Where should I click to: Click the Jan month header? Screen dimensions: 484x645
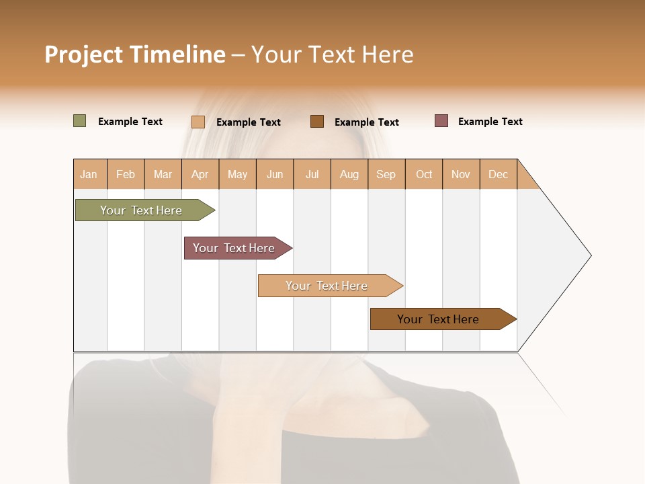pos(89,174)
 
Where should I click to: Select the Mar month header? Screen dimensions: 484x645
pos(163,174)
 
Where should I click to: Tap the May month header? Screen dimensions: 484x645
pos(237,174)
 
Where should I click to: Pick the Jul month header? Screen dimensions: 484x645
pos(312,174)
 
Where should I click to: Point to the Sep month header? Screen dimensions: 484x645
pos(386,174)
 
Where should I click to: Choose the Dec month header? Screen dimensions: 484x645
pos(498,174)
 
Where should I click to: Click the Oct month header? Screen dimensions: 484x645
pos(424,174)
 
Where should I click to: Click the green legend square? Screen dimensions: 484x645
pos(79,121)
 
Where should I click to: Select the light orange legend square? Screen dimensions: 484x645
pos(198,122)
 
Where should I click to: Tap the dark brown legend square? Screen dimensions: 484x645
pos(317,121)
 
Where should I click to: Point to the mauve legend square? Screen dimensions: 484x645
pos(441,121)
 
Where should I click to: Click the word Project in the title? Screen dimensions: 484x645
pos(83,54)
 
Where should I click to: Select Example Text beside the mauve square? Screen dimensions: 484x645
pos(490,122)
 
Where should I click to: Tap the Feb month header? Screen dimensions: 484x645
pos(126,174)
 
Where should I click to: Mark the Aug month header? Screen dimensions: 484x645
pos(349,174)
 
